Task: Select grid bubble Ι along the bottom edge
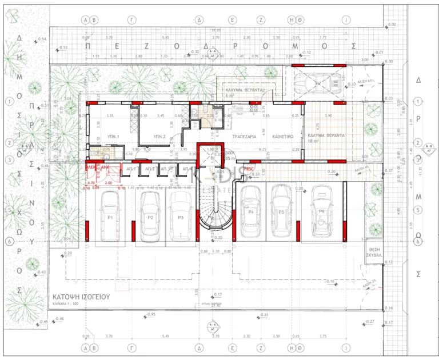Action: coord(345,347)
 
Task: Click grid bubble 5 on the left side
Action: coord(9,210)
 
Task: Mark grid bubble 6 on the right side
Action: coord(418,242)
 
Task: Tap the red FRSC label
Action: coord(249,169)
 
